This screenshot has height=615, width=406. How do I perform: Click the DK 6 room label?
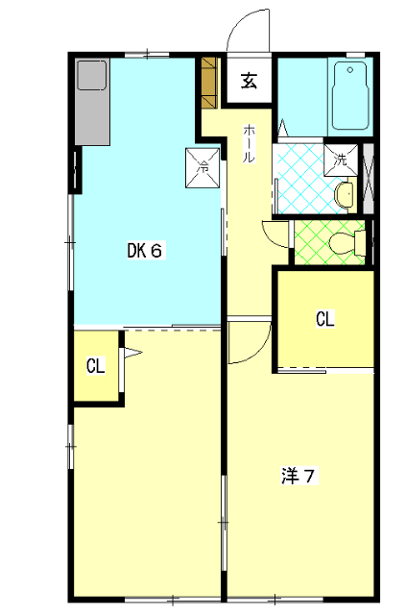[145, 250]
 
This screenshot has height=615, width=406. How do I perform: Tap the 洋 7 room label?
[299, 476]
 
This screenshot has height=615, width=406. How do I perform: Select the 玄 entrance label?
[249, 81]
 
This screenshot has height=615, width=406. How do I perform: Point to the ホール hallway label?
[249, 143]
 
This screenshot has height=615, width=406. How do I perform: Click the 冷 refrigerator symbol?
[203, 167]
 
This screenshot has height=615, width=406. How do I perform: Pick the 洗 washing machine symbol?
[341, 160]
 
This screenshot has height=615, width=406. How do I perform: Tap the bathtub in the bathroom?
[350, 96]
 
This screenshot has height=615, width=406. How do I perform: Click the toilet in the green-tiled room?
[346, 243]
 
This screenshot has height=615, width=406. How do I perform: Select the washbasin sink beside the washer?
[345, 194]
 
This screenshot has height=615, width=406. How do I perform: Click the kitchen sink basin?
[92, 75]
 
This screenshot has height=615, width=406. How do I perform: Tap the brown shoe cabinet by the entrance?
[209, 83]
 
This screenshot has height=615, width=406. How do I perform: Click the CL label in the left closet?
[96, 366]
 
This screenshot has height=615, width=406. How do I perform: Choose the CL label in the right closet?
[324, 319]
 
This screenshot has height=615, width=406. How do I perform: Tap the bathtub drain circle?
[350, 70]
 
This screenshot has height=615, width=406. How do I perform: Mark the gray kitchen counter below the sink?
[92, 117]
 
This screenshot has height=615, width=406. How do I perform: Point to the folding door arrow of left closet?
[132, 353]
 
